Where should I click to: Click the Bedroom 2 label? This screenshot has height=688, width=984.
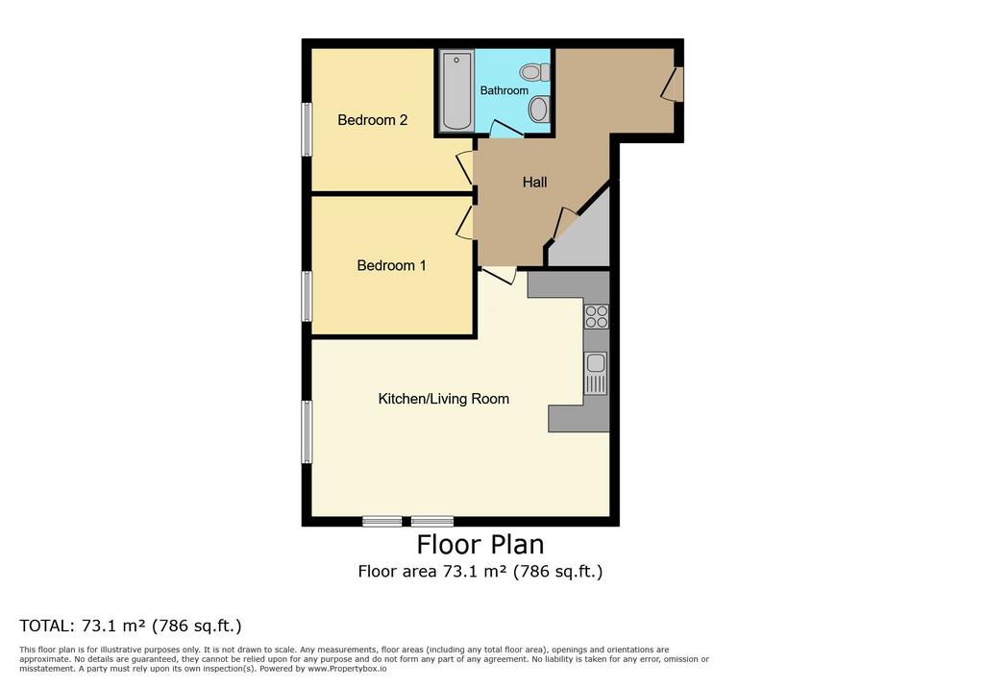372,120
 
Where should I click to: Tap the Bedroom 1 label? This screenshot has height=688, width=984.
392,265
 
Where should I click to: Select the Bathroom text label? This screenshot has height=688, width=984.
504,90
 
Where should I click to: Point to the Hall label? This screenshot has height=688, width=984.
534,182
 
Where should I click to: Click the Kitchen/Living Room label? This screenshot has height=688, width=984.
444,399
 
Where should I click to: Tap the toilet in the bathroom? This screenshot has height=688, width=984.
534,72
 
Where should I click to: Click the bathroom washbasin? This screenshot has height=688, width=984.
539,110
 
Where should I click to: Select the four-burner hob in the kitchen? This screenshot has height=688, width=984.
596,316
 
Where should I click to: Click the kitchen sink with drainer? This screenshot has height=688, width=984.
596,373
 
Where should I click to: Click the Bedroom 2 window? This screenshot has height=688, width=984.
307,129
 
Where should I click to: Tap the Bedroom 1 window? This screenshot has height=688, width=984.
307,296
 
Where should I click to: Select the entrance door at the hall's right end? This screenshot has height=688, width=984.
673,84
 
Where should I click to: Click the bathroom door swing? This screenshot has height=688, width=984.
505,130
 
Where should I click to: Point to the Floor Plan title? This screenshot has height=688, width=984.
480,544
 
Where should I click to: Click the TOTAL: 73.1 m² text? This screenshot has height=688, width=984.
131,626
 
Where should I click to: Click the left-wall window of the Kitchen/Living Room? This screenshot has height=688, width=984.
307,431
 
